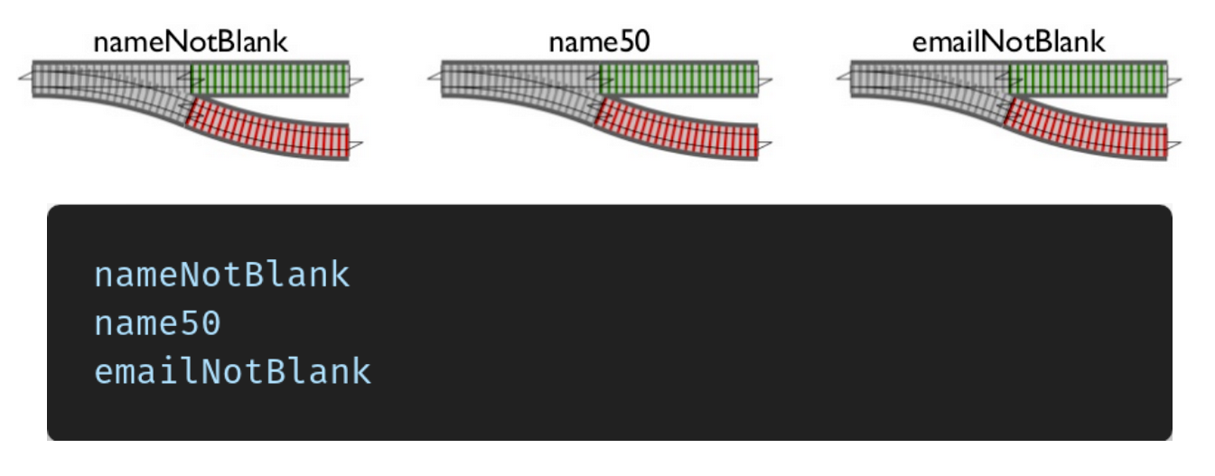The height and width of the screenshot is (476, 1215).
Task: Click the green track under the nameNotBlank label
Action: click(x=269, y=79)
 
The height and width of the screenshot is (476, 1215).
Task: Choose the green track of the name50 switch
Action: click(x=678, y=79)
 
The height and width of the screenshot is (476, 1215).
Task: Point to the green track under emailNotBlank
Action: click(x=1088, y=79)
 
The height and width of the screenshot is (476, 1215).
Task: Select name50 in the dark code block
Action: click(x=157, y=322)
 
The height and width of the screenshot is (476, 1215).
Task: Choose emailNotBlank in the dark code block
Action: click(x=232, y=370)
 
